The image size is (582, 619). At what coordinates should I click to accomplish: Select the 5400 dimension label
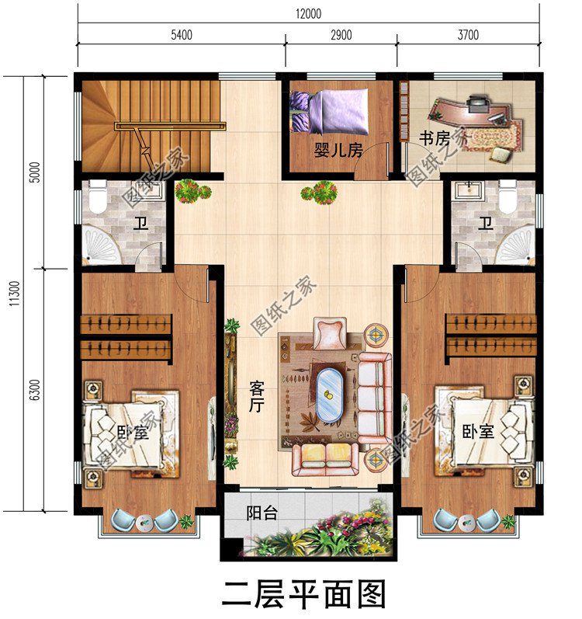click(x=180, y=35)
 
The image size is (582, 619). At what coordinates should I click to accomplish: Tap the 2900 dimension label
click(x=341, y=35)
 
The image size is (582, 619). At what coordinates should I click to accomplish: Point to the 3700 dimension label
click(x=468, y=35)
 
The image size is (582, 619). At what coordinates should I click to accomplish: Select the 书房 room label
click(x=435, y=139)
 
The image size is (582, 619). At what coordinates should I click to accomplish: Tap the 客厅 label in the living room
click(x=257, y=395)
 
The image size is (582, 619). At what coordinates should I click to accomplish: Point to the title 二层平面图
click(x=304, y=594)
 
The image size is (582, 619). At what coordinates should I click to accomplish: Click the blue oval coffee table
click(x=330, y=395)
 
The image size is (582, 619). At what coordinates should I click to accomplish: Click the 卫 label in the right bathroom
click(x=486, y=225)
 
